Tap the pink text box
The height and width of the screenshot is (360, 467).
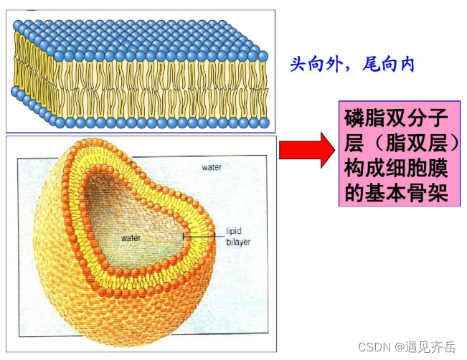tap(397, 154)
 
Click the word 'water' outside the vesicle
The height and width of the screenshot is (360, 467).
tap(212, 168)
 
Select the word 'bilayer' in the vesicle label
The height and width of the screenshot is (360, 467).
tap(238, 243)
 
